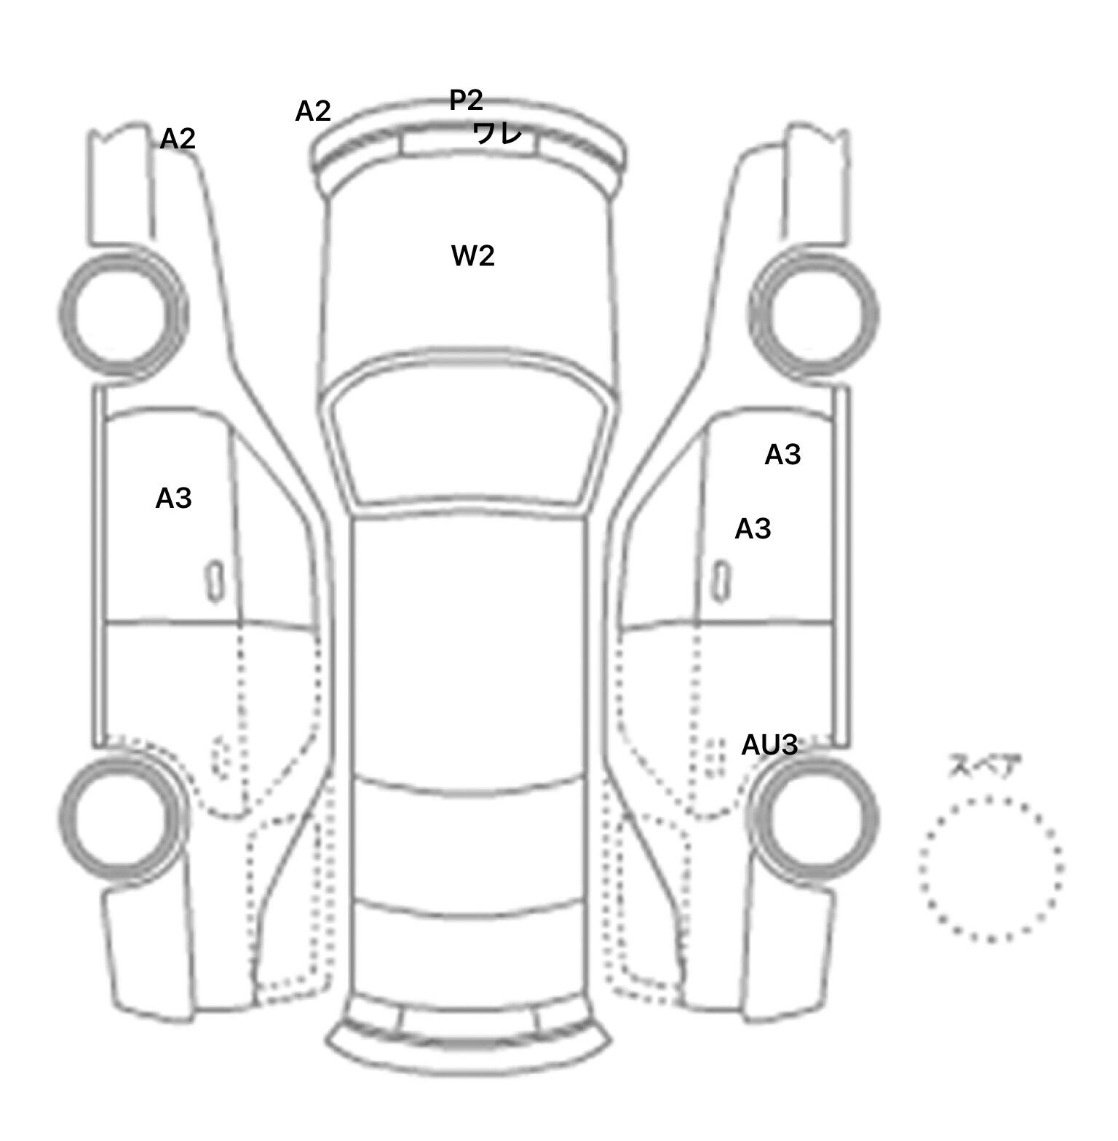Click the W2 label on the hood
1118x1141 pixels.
click(x=473, y=256)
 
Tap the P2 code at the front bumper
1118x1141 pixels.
click(x=466, y=100)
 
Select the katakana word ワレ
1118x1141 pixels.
click(x=497, y=133)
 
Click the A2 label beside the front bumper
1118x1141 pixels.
click(x=313, y=111)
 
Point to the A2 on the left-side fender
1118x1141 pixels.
click(x=178, y=138)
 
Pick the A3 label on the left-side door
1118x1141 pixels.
click(x=173, y=498)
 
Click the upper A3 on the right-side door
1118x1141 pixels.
click(x=782, y=455)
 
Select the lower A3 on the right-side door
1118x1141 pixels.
click(x=753, y=529)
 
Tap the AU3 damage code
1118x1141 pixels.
click(x=769, y=745)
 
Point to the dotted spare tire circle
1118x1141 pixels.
click(x=991, y=868)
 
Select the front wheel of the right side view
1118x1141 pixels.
click(x=814, y=314)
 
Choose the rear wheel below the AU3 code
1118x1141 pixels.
click(x=814, y=816)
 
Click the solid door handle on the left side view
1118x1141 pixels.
click(x=215, y=581)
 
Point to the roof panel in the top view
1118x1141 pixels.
click(x=469, y=648)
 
